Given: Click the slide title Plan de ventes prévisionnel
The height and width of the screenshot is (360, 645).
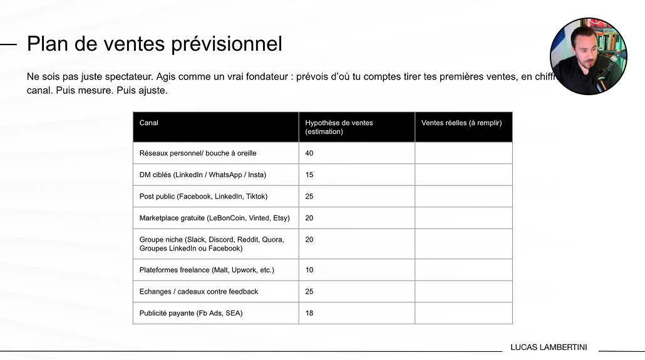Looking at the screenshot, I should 154,44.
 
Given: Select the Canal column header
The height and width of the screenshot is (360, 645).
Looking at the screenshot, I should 149,123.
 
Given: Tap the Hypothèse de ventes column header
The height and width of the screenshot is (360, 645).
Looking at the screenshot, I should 339,127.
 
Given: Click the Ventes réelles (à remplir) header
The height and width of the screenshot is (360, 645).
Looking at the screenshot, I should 462,123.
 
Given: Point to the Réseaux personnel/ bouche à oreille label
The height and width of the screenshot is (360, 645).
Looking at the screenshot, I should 198,153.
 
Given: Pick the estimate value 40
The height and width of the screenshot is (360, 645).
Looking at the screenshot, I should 309,153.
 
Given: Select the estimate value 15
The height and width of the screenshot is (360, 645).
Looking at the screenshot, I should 309,175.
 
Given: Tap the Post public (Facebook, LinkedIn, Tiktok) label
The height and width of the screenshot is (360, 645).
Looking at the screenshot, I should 204,197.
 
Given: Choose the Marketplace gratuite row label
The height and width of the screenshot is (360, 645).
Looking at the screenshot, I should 214,218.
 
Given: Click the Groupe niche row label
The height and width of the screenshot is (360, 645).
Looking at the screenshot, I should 212,244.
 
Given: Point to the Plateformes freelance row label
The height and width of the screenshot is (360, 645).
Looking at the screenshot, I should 207,270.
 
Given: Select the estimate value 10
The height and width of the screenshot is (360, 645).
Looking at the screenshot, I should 309,270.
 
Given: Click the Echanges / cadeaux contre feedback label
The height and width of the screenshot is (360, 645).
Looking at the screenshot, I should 199,292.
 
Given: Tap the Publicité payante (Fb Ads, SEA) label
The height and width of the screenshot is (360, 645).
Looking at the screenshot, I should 191,313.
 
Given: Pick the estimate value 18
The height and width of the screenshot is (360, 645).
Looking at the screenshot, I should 309,313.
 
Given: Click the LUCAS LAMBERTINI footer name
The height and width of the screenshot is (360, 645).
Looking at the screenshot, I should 549,347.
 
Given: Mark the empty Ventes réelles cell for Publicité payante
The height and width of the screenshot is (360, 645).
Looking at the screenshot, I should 463,313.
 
